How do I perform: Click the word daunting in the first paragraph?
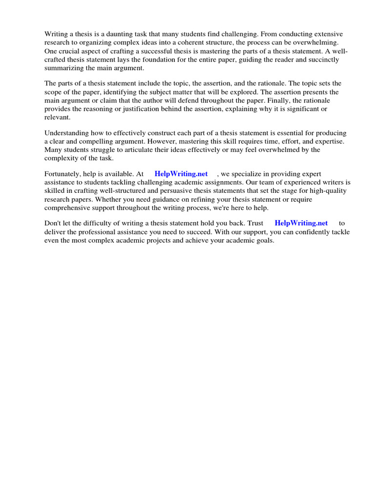click(114, 34)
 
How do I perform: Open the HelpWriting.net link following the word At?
click(181, 174)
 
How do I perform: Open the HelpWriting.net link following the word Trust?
click(301, 223)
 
